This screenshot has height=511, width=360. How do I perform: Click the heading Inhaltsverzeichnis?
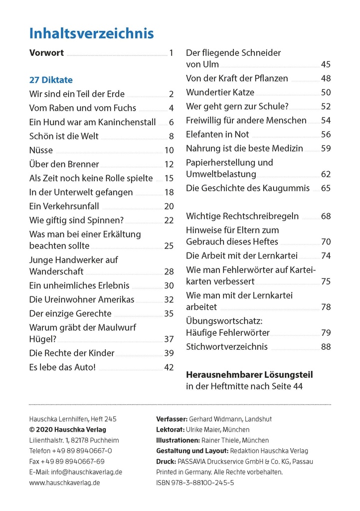coord(91,33)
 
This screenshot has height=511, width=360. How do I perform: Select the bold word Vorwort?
coord(46,53)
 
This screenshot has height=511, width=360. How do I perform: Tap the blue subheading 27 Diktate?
coord(51,80)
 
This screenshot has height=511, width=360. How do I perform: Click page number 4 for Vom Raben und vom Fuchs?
coord(171,108)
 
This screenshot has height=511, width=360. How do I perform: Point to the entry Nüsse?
coord(41,150)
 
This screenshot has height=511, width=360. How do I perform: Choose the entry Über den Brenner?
coord(64,164)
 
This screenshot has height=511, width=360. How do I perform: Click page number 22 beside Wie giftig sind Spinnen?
coord(169,220)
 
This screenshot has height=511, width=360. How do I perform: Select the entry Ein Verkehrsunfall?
coord(64,206)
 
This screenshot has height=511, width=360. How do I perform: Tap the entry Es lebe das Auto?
coord(62,367)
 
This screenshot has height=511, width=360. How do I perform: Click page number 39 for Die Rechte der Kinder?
coord(169,353)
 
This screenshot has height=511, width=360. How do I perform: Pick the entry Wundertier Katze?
coord(220,92)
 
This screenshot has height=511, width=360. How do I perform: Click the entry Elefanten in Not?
coord(217,134)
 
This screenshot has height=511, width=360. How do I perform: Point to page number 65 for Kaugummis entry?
coord(326,188)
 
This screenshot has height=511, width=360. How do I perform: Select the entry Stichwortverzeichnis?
coord(227,346)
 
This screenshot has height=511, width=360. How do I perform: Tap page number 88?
coord(326,346)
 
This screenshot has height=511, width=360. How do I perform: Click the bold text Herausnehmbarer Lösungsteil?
coord(249,375)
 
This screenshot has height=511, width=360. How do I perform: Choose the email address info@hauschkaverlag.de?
coord(87,472)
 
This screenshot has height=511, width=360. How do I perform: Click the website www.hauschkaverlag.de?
coord(64,483)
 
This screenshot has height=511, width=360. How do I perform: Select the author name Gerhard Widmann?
coord(215,419)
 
